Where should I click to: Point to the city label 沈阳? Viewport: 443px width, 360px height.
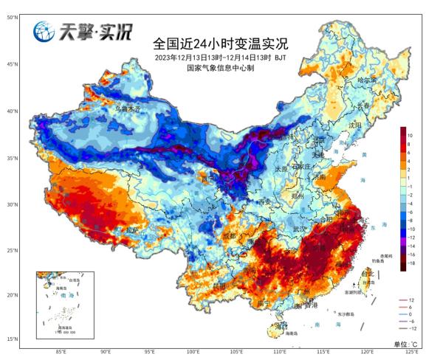[x=355, y=125]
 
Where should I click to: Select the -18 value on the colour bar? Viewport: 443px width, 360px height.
[x=411, y=262]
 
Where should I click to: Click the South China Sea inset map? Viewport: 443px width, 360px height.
[x=63, y=302]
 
